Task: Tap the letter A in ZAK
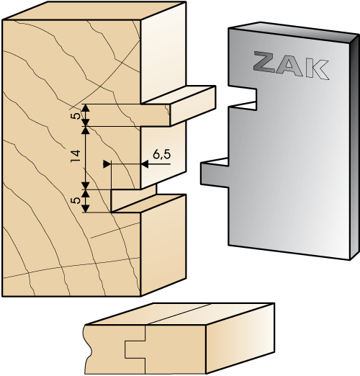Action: (289, 67)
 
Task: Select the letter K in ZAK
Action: (316, 70)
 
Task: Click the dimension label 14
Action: (76, 156)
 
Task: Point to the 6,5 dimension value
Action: (162, 154)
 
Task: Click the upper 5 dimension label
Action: (76, 116)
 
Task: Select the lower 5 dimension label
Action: (76, 200)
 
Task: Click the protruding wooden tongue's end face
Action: (192, 106)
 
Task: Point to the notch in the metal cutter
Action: (243, 97)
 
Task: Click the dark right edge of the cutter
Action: (354, 147)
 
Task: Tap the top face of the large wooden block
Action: (94, 11)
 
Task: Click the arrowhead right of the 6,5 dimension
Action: (145, 164)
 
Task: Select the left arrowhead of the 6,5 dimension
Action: (107, 164)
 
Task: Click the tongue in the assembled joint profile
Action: (135, 349)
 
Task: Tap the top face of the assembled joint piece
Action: (180, 314)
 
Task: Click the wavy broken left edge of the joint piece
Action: (87, 349)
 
